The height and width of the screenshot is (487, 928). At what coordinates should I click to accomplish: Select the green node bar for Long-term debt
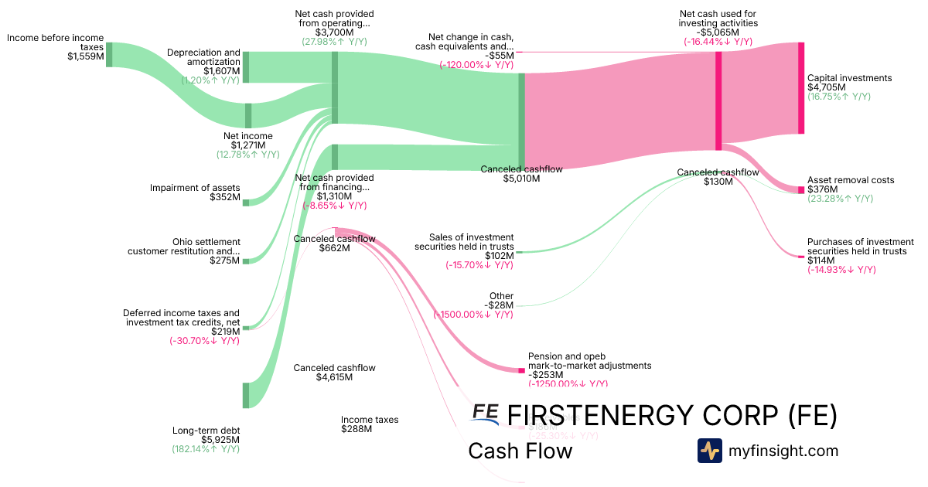[x=246, y=394]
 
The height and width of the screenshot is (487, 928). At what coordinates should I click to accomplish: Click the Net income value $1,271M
[x=247, y=145]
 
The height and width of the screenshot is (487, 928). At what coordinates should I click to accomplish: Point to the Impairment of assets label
[x=195, y=188]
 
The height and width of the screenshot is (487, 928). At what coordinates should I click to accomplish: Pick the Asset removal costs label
[x=850, y=180]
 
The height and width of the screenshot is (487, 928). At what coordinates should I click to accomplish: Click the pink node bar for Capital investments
[x=801, y=88]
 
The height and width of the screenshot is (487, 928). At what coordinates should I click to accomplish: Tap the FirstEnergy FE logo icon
[x=485, y=414]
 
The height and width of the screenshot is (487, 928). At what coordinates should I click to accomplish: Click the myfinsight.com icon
[x=709, y=451]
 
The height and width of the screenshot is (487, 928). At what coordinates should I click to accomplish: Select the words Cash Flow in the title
[x=520, y=451]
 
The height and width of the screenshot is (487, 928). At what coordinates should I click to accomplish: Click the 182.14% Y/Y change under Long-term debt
[x=206, y=449]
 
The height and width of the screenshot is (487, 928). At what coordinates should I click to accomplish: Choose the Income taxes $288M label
[x=370, y=424]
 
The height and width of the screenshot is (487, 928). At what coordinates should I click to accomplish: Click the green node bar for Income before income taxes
[x=109, y=54]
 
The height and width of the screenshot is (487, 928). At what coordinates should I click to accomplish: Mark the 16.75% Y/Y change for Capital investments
[x=839, y=97]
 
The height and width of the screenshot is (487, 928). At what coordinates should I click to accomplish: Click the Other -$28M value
[x=499, y=305]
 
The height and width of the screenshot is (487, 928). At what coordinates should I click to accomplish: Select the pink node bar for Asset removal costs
[x=801, y=189]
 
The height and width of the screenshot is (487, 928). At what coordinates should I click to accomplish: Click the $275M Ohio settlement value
[x=225, y=261]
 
